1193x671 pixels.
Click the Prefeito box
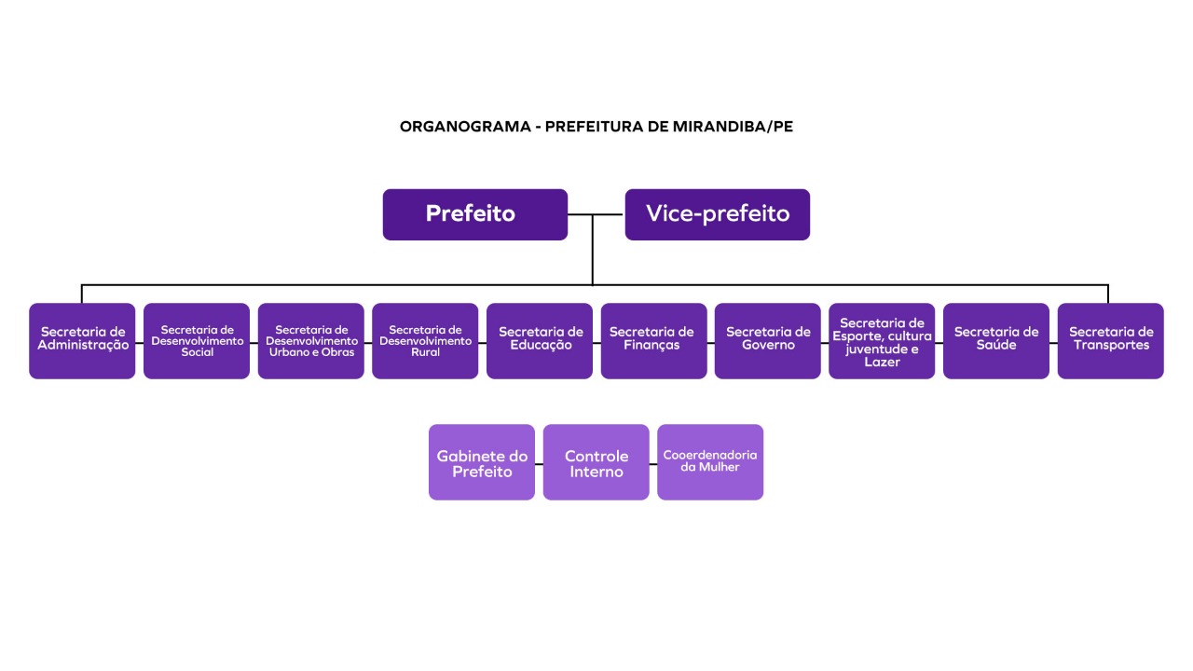click(x=475, y=214)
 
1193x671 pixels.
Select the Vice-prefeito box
click(x=718, y=214)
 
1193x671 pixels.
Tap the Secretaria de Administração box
click(x=82, y=341)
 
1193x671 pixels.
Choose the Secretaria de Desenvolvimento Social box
click(x=197, y=341)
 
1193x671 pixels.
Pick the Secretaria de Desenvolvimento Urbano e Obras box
click(x=311, y=341)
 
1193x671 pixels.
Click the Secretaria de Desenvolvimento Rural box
click(x=425, y=341)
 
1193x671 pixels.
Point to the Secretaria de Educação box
click(x=540, y=341)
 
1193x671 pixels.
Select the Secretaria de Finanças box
click(x=654, y=341)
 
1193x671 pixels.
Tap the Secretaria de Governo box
click(x=767, y=341)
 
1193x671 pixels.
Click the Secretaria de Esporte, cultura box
click(x=882, y=341)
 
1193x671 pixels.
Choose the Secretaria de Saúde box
click(x=996, y=341)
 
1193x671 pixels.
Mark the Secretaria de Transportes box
click(x=1110, y=341)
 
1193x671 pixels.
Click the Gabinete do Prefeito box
click(x=482, y=462)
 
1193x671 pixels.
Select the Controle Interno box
click(x=596, y=462)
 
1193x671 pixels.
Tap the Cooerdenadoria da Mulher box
click(x=710, y=462)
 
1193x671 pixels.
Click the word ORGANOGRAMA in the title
click(x=465, y=127)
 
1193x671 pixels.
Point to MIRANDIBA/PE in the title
click(x=733, y=127)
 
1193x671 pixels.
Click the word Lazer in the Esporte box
click(x=882, y=363)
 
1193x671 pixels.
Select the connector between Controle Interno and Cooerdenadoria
click(x=653, y=464)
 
